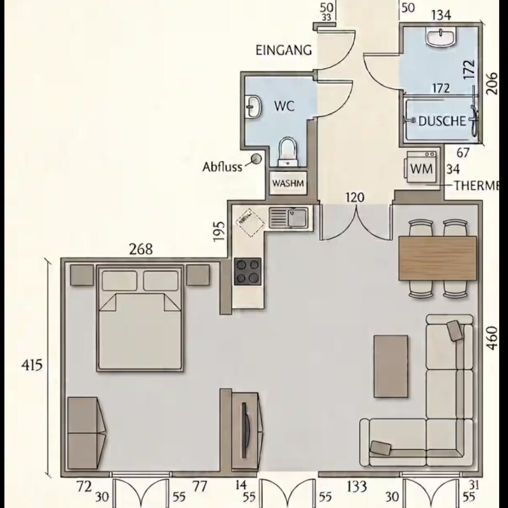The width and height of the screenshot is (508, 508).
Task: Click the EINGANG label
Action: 284,50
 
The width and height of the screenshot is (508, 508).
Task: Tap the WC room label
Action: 284,106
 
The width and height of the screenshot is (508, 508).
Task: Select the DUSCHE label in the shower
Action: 442,121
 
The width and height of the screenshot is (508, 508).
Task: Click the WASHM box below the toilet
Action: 288,183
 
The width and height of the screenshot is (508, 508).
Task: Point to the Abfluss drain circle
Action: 257,158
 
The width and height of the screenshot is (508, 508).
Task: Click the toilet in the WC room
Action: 288,152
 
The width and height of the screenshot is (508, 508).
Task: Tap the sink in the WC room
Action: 253,106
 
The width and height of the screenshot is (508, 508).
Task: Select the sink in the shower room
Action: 441,37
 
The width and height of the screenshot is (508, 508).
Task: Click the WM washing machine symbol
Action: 421,168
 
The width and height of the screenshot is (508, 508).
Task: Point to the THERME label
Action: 476,185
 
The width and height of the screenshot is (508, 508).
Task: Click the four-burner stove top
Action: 248,272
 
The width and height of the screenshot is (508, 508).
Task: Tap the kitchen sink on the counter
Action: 288,218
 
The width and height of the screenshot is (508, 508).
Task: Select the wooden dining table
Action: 438,258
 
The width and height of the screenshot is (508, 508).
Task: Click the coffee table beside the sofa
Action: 391,366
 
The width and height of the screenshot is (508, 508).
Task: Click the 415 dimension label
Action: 32,365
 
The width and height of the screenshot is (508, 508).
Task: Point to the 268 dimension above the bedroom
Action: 141,249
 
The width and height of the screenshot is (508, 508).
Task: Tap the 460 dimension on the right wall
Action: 492,338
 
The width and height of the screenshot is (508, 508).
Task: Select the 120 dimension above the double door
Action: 355,197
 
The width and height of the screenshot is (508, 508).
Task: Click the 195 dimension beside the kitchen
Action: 219,231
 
